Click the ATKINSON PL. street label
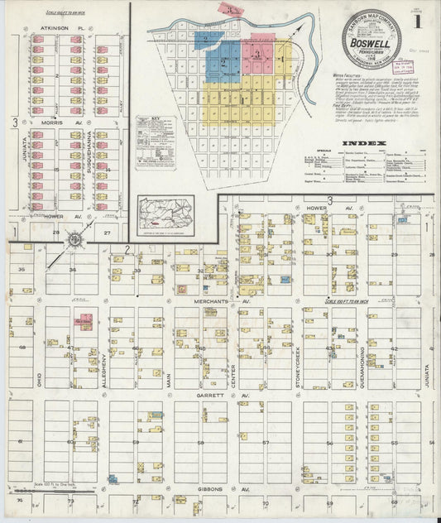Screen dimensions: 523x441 [55, 27]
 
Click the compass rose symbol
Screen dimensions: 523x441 [75, 241]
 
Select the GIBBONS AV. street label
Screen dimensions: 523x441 [210, 489]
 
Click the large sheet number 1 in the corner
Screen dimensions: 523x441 [428, 16]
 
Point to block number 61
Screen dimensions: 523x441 [20, 442]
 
